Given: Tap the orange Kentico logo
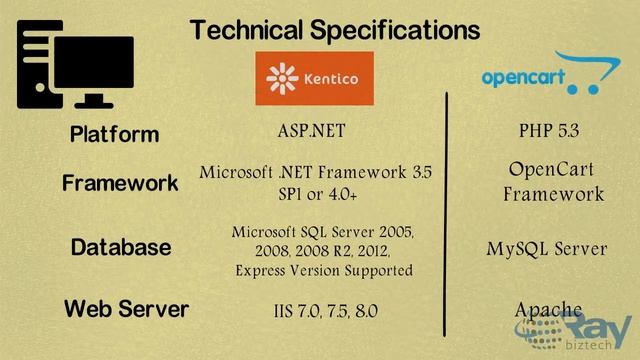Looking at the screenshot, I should click(x=313, y=79).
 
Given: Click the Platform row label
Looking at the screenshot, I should click(x=114, y=134).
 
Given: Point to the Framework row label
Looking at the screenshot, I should click(x=120, y=183).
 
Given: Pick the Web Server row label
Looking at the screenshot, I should click(x=126, y=309).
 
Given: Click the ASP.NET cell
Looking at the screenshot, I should click(x=317, y=131).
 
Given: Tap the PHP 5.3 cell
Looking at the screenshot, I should click(x=549, y=131).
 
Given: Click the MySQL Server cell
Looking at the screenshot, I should click(x=547, y=248).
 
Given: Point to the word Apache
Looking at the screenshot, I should click(x=548, y=309).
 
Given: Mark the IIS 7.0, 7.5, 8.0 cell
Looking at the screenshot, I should click(x=325, y=312).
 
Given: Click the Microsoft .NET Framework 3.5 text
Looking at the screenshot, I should click(x=316, y=172).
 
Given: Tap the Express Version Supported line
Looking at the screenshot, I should click(x=324, y=270).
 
